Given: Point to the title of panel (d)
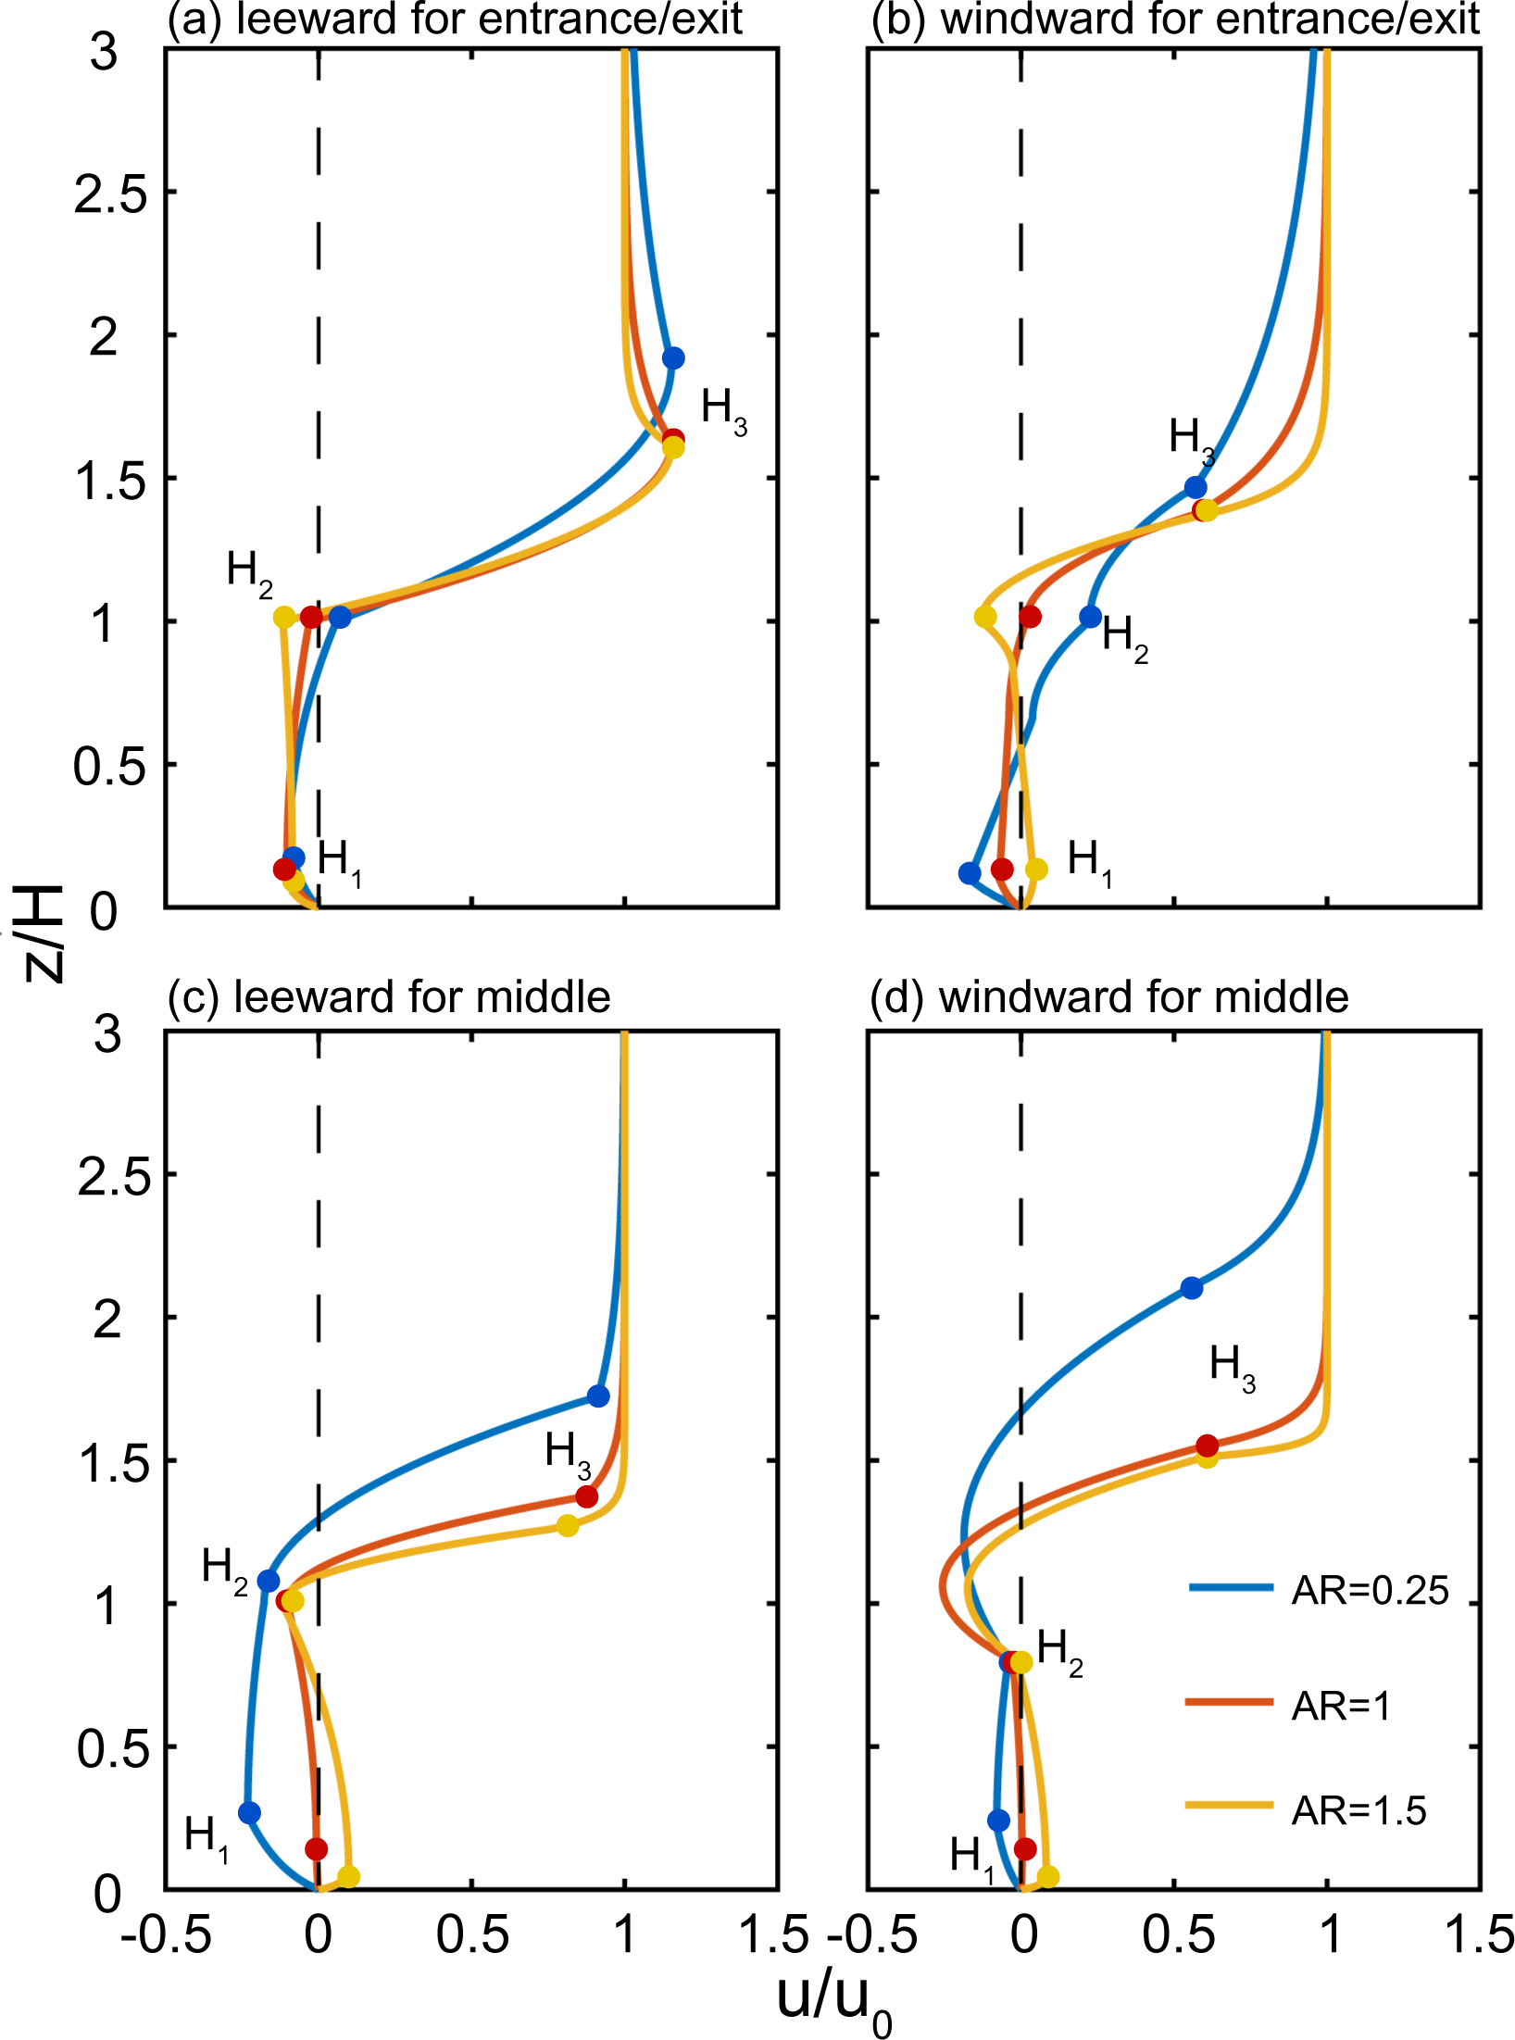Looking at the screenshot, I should (x=1108, y=997).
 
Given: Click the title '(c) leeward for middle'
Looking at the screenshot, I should (x=389, y=997).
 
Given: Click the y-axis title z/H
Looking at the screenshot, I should (x=42, y=931).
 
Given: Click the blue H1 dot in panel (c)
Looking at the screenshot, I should (x=249, y=1812).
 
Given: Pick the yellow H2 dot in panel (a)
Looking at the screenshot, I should (x=284, y=617).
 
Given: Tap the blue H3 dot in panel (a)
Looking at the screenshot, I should (x=673, y=358).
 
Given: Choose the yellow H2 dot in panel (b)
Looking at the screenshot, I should (x=985, y=617).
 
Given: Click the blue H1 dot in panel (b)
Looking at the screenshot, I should (x=970, y=872).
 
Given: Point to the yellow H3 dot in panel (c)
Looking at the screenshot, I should (x=568, y=1525).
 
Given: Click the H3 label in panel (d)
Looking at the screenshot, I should (x=1232, y=1368).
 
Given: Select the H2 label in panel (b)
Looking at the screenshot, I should (x=1124, y=640).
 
